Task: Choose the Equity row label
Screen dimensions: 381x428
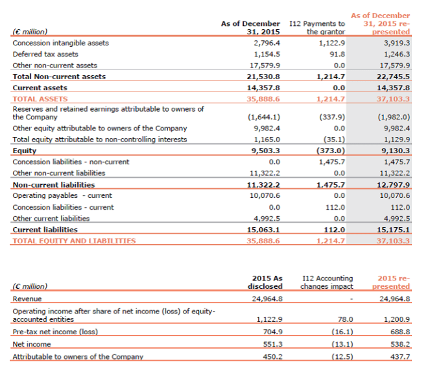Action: (x=25, y=151)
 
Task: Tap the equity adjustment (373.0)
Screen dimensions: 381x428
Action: (x=331, y=151)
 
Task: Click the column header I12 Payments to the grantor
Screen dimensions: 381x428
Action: (x=324, y=27)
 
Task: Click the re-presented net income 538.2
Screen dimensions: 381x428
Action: (x=399, y=344)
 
